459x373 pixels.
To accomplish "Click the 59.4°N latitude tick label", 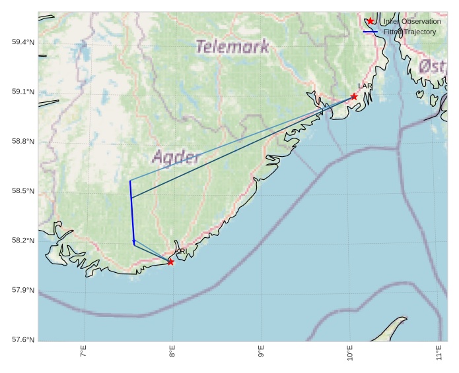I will tap(22, 42).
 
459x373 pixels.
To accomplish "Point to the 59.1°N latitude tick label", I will tap(22, 92).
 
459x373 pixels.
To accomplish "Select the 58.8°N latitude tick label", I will tap(22, 142).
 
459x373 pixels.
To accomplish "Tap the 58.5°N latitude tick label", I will tap(22, 191).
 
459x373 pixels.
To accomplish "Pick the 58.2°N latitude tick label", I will tap(22, 241).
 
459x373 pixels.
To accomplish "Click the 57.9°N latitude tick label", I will tap(22, 290).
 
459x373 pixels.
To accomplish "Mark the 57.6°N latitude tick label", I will tap(22, 340).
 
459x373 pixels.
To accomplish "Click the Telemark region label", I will tap(232, 47).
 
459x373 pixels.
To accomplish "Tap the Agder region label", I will tap(176, 157).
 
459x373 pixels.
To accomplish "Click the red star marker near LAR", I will tap(354, 97).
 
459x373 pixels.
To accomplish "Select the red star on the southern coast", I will tap(170, 262).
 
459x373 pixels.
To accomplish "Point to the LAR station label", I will tap(365, 86).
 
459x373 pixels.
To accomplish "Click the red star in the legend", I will tap(371, 21).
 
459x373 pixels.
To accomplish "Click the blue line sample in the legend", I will tap(371, 32).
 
